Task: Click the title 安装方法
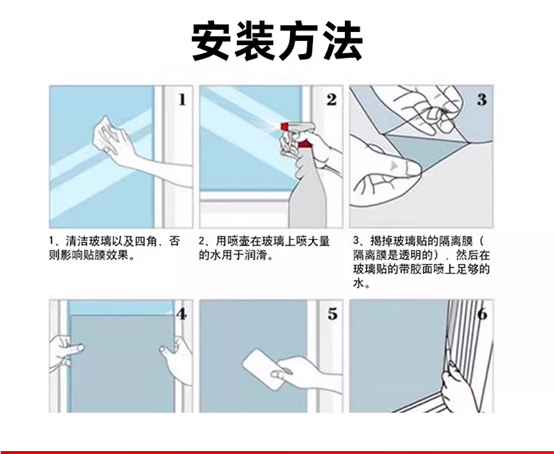pos(277,42)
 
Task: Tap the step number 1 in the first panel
pos(182,100)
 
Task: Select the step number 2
pos(332,100)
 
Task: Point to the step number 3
pos(481,100)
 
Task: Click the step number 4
pos(181,314)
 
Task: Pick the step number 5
pos(332,314)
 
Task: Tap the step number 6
pos(483,314)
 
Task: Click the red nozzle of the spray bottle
pos(285,127)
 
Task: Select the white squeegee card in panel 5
pos(263,369)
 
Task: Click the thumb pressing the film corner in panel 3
pos(406,167)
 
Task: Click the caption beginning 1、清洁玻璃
pos(114,248)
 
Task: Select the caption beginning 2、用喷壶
pos(264,248)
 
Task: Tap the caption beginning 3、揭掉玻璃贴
pos(421,262)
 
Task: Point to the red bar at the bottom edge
pos(277,452)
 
